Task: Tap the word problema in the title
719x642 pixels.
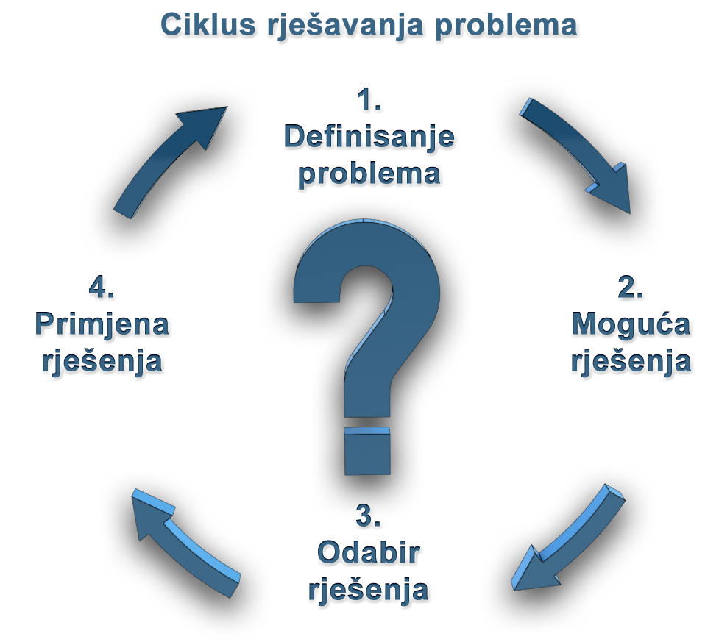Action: tap(504, 27)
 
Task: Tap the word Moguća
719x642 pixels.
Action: tap(631, 324)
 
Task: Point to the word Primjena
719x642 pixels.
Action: tap(102, 324)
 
